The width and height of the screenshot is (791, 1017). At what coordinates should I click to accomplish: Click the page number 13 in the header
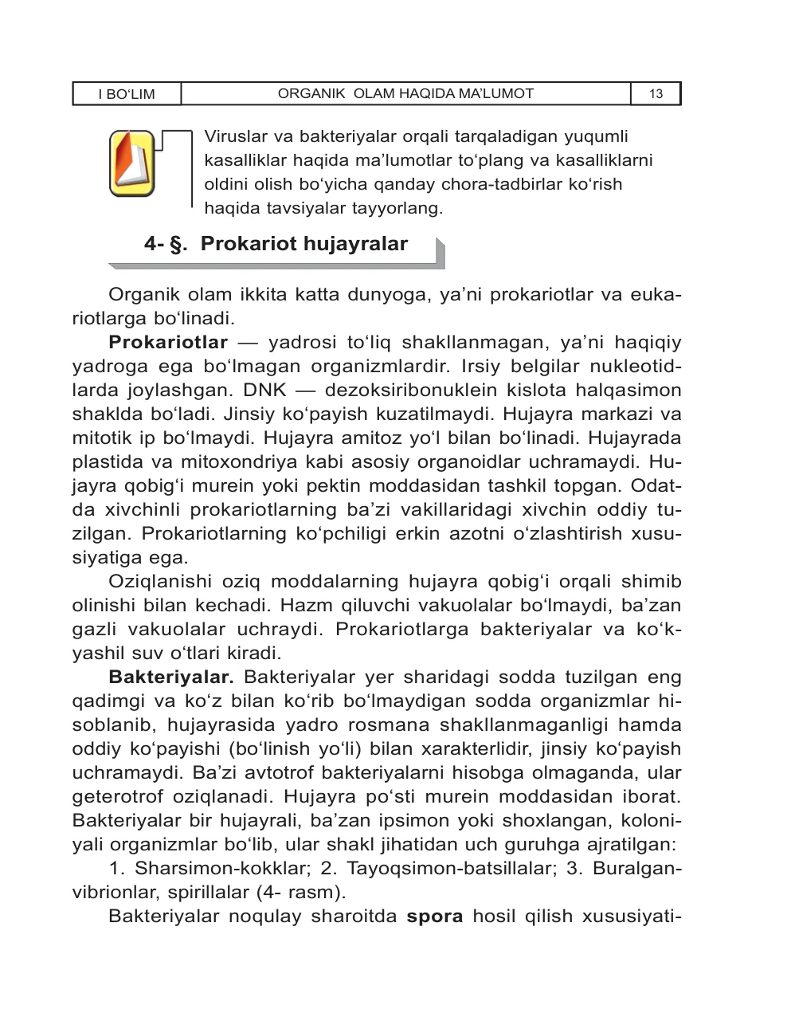point(656,94)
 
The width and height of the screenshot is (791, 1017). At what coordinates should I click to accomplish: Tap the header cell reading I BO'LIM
point(127,94)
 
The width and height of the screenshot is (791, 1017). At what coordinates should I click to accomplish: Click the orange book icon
point(131,163)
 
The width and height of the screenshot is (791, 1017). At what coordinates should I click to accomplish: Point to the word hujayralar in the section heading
point(360,244)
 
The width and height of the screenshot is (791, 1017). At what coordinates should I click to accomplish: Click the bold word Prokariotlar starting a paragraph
point(168,343)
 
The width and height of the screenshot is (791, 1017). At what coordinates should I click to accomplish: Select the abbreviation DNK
point(259,391)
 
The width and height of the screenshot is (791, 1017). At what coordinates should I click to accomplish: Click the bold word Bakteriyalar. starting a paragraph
point(170,677)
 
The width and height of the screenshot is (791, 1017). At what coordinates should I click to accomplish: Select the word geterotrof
point(111,797)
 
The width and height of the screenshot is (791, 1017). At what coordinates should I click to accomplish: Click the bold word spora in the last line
point(434,917)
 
